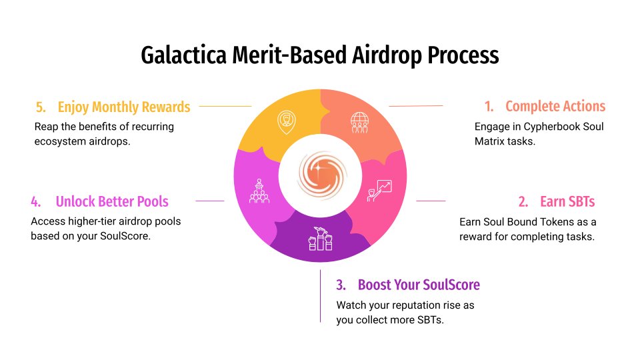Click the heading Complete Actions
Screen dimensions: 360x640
[x=555, y=106]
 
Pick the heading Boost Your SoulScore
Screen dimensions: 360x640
[x=419, y=285]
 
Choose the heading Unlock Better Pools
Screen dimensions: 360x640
[x=112, y=201]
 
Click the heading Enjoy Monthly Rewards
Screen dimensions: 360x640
[x=123, y=107]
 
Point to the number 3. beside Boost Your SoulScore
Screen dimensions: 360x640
[x=341, y=285]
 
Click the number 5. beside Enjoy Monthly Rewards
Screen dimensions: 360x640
[x=41, y=107]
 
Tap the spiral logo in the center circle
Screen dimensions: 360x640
[x=320, y=175]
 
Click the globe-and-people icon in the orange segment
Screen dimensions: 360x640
[x=359, y=123]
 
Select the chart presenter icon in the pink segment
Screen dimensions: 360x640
[x=381, y=189]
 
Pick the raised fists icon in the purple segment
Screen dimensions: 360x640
[x=319, y=237]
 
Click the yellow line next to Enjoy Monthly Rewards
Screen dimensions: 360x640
[x=225, y=106]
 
